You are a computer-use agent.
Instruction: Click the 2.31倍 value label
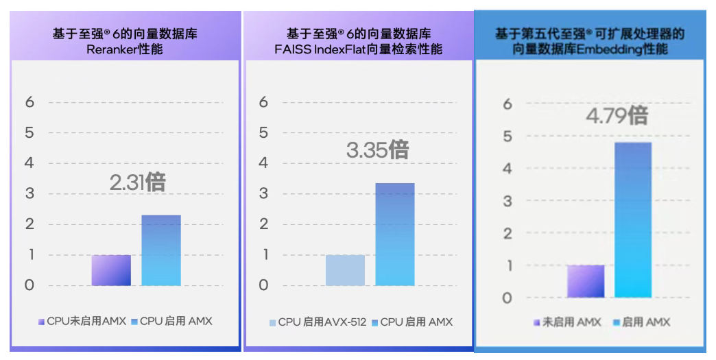(x=137, y=182)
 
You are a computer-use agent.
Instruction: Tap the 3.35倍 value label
(x=377, y=150)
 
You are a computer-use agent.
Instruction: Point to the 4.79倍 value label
(x=617, y=115)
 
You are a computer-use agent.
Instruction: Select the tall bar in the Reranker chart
(x=161, y=250)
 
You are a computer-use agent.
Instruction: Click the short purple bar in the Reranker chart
(x=111, y=270)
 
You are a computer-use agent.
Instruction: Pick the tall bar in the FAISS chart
(x=395, y=234)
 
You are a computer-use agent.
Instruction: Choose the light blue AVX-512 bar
(x=345, y=270)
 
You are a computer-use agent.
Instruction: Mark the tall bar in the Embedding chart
(x=633, y=219)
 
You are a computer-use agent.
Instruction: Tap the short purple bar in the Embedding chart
(x=586, y=281)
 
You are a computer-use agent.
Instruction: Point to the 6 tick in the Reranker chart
(x=29, y=102)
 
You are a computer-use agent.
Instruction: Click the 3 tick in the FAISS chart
(x=263, y=193)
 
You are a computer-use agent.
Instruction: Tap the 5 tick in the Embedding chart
(x=507, y=136)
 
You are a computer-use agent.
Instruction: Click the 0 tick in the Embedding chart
(x=507, y=298)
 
